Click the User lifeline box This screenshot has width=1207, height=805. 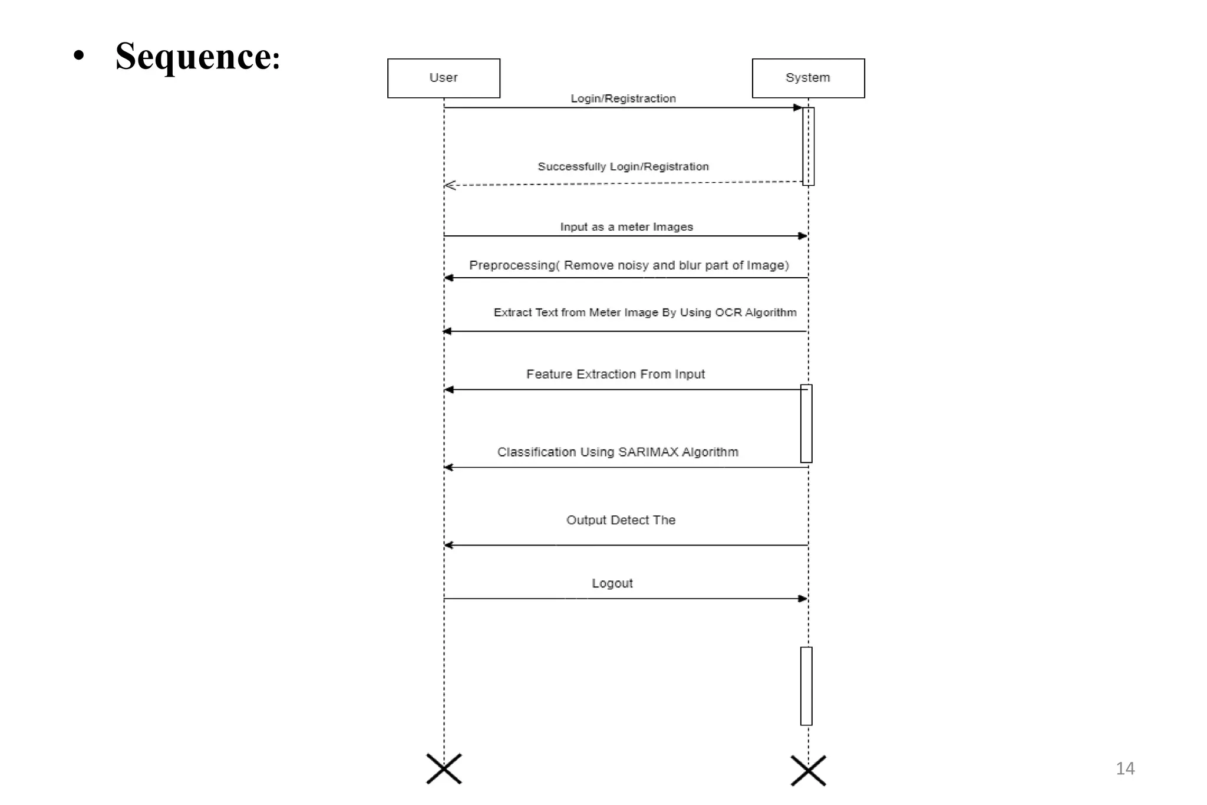point(443,78)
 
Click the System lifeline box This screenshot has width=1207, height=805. point(807,78)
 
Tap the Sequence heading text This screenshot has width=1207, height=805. point(197,57)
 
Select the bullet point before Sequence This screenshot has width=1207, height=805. point(79,57)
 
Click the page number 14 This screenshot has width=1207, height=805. point(1124,768)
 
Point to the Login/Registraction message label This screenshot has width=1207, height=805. point(623,98)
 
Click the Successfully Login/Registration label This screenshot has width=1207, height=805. point(623,167)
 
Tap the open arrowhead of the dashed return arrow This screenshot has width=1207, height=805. point(450,185)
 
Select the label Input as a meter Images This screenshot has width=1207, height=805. point(626,227)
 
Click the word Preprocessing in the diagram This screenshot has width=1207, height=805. point(512,265)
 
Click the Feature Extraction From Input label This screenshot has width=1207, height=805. point(615,374)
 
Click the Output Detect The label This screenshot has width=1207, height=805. point(621,520)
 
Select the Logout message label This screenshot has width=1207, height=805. point(612,583)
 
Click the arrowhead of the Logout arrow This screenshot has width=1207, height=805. point(802,599)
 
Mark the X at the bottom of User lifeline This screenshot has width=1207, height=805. point(444,768)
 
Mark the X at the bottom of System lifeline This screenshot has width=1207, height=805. point(808,770)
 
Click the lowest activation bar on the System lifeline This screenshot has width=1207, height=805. point(806,686)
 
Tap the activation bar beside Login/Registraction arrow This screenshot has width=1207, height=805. point(809,146)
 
